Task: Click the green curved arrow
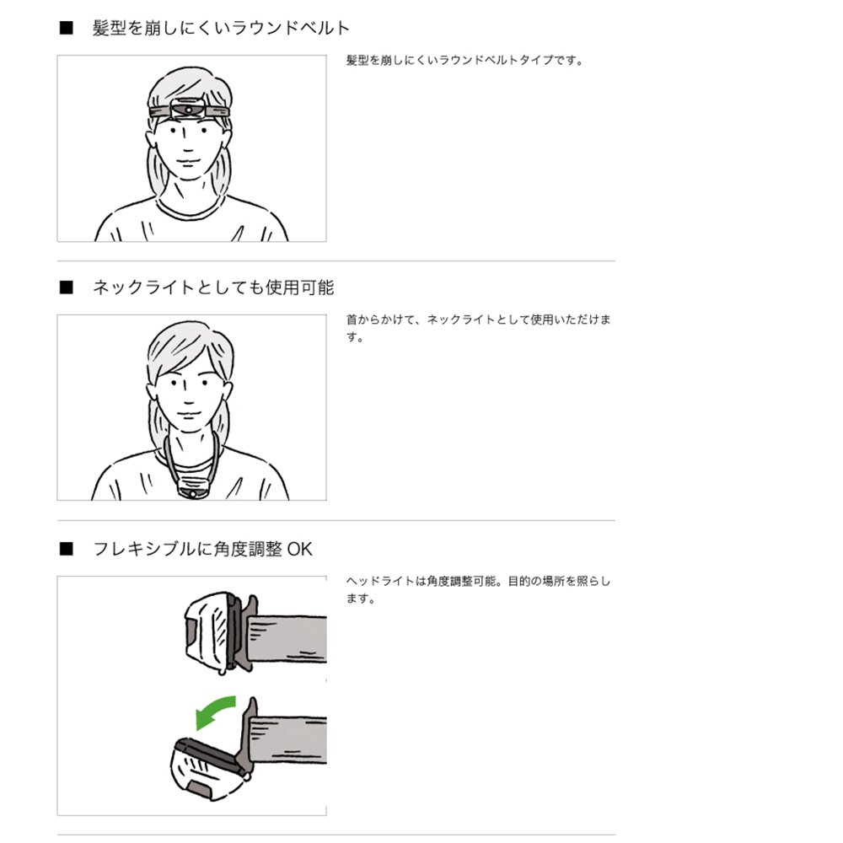coord(214,709)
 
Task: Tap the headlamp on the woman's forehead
coord(190,110)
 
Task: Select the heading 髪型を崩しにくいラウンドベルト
coord(221,28)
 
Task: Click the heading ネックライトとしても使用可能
coord(213,287)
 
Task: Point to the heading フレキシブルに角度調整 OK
coord(202,550)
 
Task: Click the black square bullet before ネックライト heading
coord(67,287)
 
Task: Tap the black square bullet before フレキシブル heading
coord(67,550)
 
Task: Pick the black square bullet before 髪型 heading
coord(67,28)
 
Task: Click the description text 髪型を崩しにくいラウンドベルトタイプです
coord(464,61)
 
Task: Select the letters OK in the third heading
coord(299,550)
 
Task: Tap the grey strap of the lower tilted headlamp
coord(291,739)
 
